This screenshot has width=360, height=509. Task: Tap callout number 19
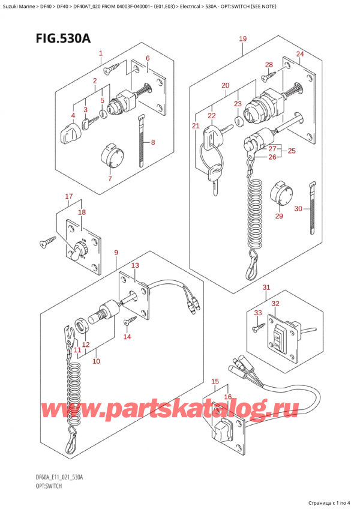point(243,38)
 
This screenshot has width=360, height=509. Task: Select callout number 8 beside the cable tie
point(153,142)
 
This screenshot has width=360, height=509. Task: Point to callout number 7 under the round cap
point(110,178)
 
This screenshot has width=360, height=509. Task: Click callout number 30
point(298,209)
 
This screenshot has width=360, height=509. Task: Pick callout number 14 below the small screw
point(127,337)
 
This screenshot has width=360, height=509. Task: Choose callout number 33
point(258,313)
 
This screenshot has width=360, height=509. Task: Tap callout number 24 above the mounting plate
point(300,53)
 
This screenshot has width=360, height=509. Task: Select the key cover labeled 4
point(70,134)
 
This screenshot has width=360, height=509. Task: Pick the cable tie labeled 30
point(312,208)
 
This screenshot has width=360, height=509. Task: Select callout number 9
point(116,252)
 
